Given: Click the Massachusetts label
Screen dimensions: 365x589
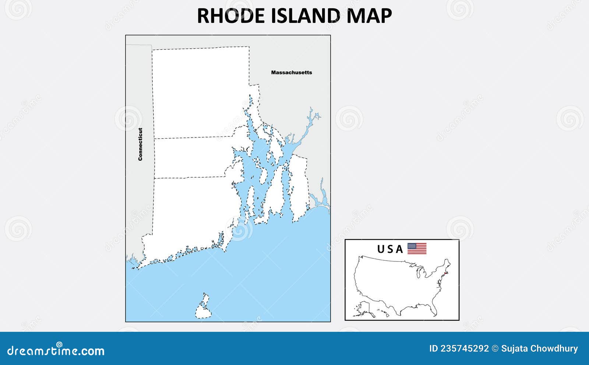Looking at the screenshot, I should point(291,73).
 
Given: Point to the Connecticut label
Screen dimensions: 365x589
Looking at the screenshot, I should point(140,144).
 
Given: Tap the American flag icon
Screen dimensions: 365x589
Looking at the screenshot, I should point(417,249).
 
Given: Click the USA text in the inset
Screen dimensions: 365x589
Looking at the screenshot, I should point(390,250).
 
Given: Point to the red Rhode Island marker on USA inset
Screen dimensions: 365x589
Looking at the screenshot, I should point(446,273).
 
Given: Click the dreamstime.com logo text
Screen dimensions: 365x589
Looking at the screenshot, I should point(56,350).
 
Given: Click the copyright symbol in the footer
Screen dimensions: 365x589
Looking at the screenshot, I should point(495,348).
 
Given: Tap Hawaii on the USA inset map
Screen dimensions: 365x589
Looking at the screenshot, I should point(384,314).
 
